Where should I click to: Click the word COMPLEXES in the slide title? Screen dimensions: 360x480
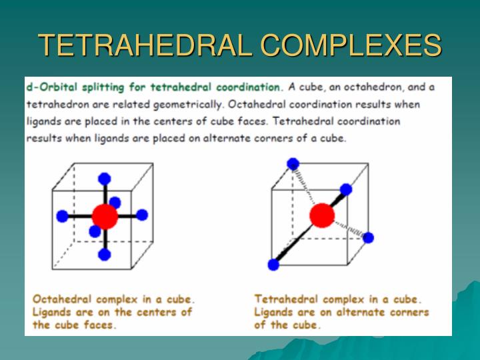click(x=351, y=45)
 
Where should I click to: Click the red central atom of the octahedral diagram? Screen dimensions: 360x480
click(x=105, y=216)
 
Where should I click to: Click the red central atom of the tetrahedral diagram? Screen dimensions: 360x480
click(x=322, y=215)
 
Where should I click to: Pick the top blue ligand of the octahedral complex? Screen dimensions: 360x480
click(x=104, y=178)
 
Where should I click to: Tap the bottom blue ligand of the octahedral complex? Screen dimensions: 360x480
click(x=104, y=254)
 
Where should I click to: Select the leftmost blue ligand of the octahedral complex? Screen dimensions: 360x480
click(x=63, y=216)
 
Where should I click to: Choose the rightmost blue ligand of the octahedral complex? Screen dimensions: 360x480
click(x=141, y=215)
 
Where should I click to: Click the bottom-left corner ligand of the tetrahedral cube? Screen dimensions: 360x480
click(x=273, y=265)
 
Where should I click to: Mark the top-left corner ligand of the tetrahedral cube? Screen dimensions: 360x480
click(x=292, y=163)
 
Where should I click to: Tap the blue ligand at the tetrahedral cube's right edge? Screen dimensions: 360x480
click(x=368, y=237)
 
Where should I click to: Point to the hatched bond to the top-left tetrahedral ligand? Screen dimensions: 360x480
click(x=305, y=185)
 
